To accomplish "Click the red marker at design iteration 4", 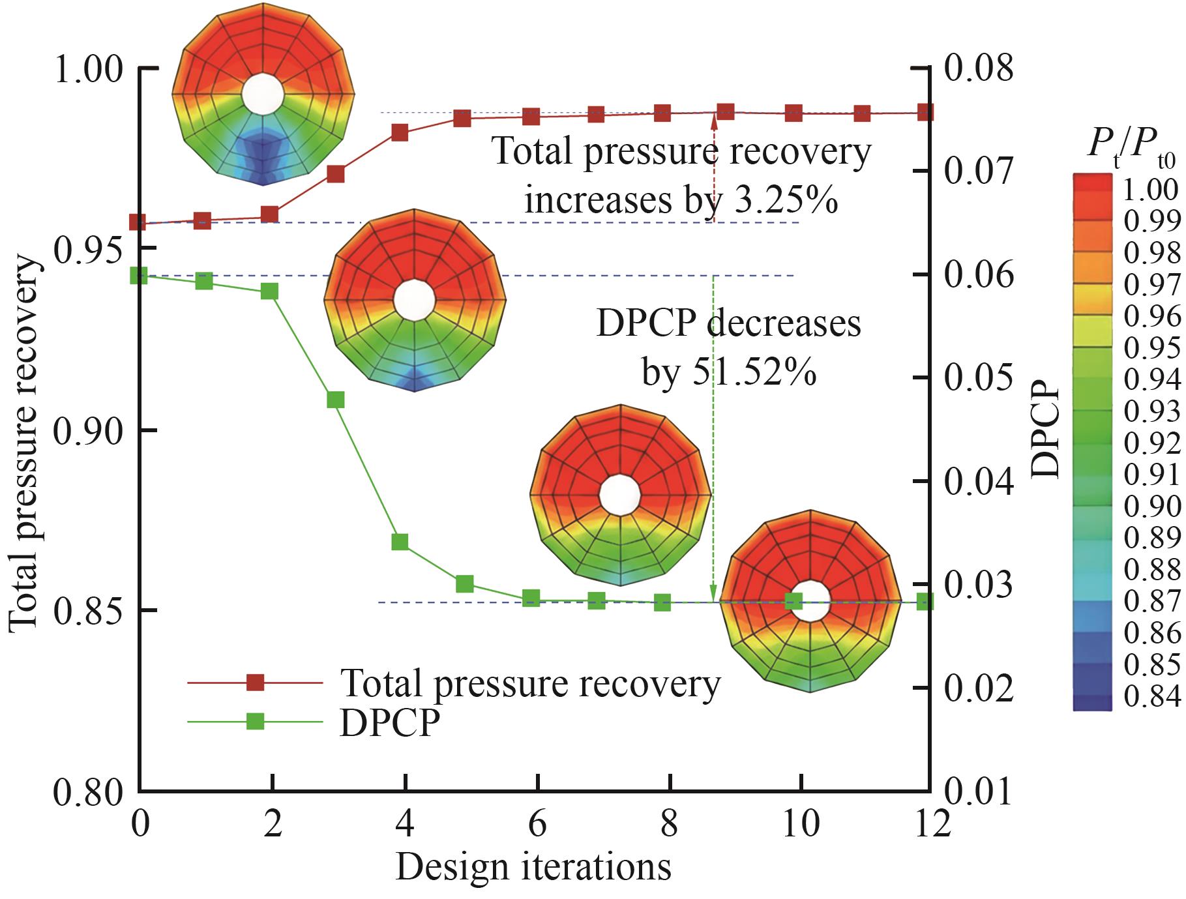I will pos(400,133).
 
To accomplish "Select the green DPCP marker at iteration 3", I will pos(336,400).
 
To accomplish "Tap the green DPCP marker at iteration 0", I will pos(139,275).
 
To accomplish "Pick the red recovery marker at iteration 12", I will pos(924,112).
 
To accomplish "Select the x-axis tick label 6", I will pos(537,825).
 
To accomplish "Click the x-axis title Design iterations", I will pos(533,867).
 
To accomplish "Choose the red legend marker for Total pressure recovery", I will pos(255,683).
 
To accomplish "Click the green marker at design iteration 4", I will pos(400,542).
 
